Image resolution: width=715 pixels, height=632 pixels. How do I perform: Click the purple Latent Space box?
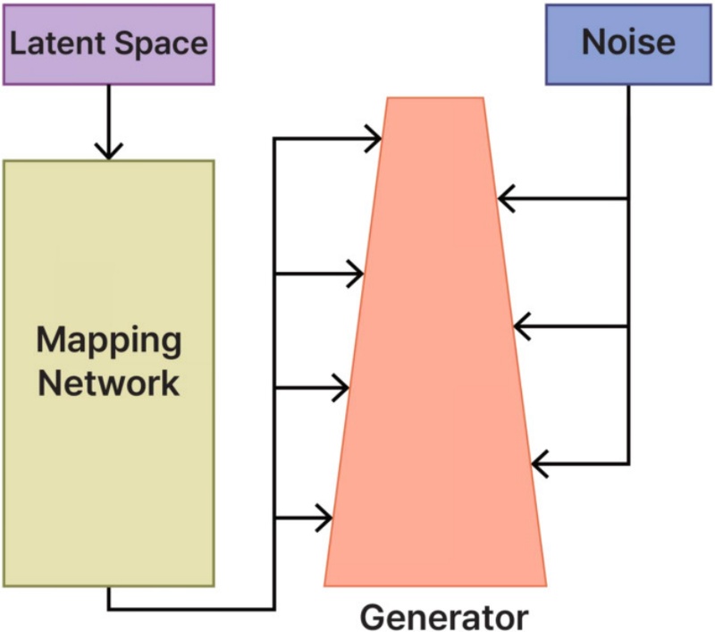[108, 44]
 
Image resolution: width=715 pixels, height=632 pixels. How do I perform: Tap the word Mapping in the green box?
[108, 341]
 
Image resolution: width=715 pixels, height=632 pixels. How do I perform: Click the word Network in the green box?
[108, 383]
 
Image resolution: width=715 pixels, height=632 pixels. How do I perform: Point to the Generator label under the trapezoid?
[444, 617]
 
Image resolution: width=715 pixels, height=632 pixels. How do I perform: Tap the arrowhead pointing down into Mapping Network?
[108, 150]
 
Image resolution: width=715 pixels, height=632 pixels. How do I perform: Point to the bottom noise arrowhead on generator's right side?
[539, 464]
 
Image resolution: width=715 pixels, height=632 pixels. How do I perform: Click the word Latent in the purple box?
[55, 44]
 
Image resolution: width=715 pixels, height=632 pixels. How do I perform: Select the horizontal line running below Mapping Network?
[188, 610]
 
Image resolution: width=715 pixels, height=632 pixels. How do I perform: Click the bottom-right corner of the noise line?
[628, 464]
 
